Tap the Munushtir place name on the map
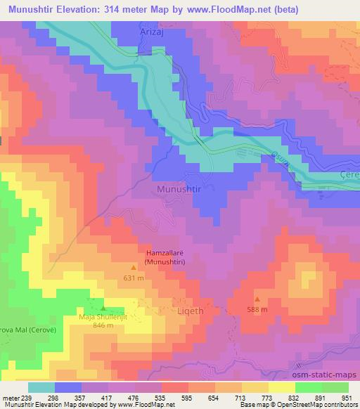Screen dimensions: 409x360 (180, 190)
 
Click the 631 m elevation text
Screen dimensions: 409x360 (134, 277)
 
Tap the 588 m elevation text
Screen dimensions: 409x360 (257, 309)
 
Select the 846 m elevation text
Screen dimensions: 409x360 (103, 326)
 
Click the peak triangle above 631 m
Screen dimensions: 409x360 (134, 268)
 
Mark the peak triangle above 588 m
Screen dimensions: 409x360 (257, 299)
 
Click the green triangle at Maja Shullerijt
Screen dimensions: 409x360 (103, 308)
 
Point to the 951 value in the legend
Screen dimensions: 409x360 (347, 397)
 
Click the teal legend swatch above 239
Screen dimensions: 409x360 (41, 387)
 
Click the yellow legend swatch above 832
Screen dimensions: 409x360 (281, 387)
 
